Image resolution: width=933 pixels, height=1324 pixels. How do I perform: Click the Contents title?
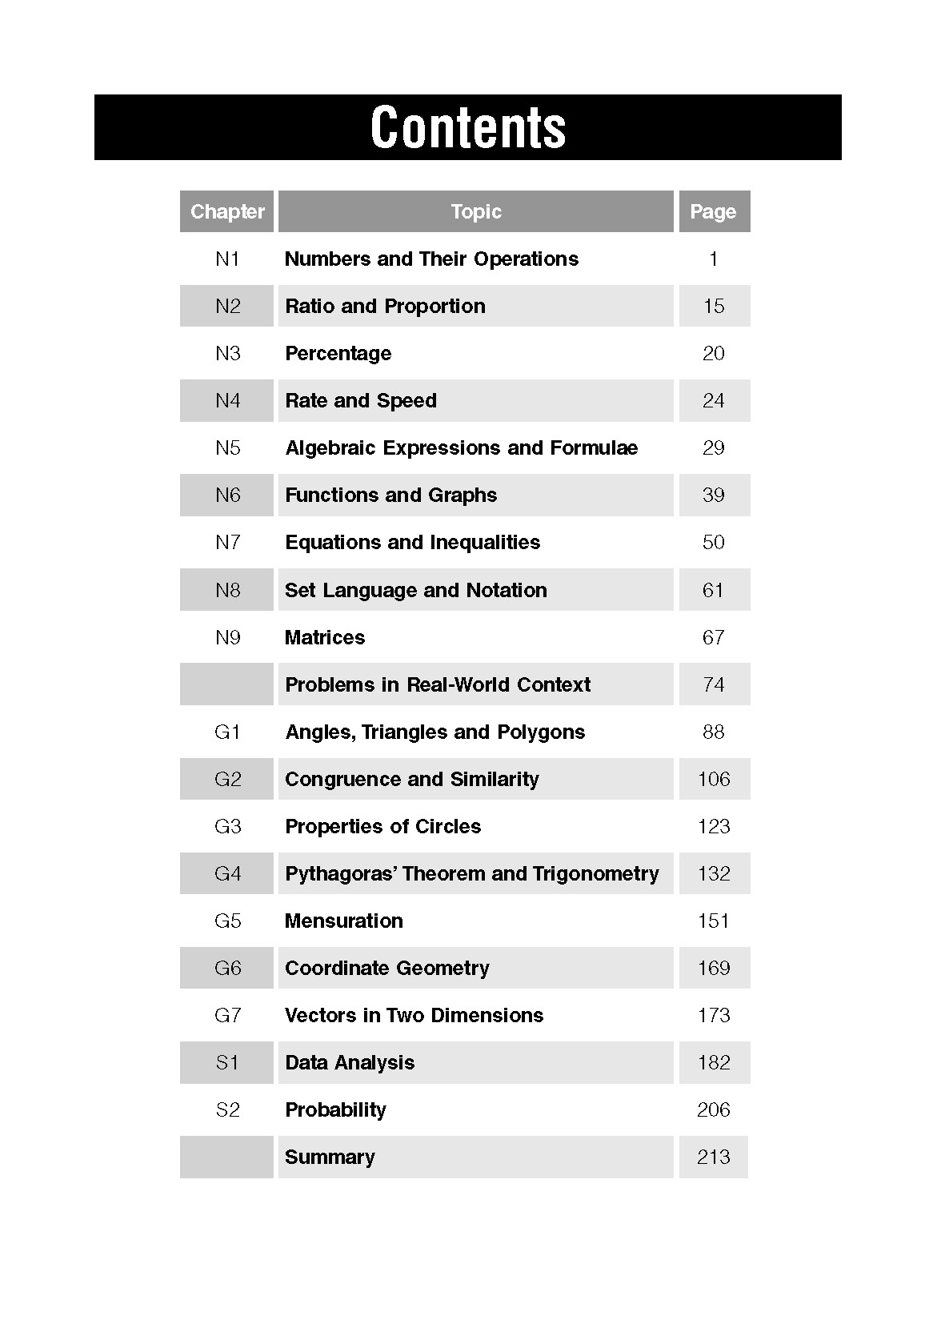point(468,127)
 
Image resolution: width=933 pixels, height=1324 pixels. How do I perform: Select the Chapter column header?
point(227,212)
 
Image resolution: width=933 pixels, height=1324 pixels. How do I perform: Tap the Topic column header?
point(476,212)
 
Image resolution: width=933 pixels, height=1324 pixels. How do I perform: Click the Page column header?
point(713,212)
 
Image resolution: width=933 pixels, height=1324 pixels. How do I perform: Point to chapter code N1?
point(227,259)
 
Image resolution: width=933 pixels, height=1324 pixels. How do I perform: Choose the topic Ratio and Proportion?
point(385,307)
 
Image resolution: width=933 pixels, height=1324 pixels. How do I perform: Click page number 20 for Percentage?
point(713,354)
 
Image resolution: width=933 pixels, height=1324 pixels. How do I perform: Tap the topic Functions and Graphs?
point(390,495)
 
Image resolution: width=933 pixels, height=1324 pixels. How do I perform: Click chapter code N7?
point(227,543)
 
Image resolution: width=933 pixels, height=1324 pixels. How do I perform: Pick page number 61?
point(713,591)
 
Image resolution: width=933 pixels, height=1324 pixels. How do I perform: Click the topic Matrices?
point(325,638)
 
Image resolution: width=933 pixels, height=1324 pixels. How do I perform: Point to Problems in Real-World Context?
point(438,685)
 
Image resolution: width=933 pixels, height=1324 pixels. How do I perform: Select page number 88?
point(713,732)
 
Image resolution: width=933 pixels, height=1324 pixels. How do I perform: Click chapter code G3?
point(227,827)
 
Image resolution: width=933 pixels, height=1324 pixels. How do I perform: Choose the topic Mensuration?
point(344,921)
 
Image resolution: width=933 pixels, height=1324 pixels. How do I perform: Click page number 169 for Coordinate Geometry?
point(714,969)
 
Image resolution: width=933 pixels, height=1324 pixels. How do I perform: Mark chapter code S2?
point(227,1110)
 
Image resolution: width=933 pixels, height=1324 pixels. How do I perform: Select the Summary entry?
point(330,1157)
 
